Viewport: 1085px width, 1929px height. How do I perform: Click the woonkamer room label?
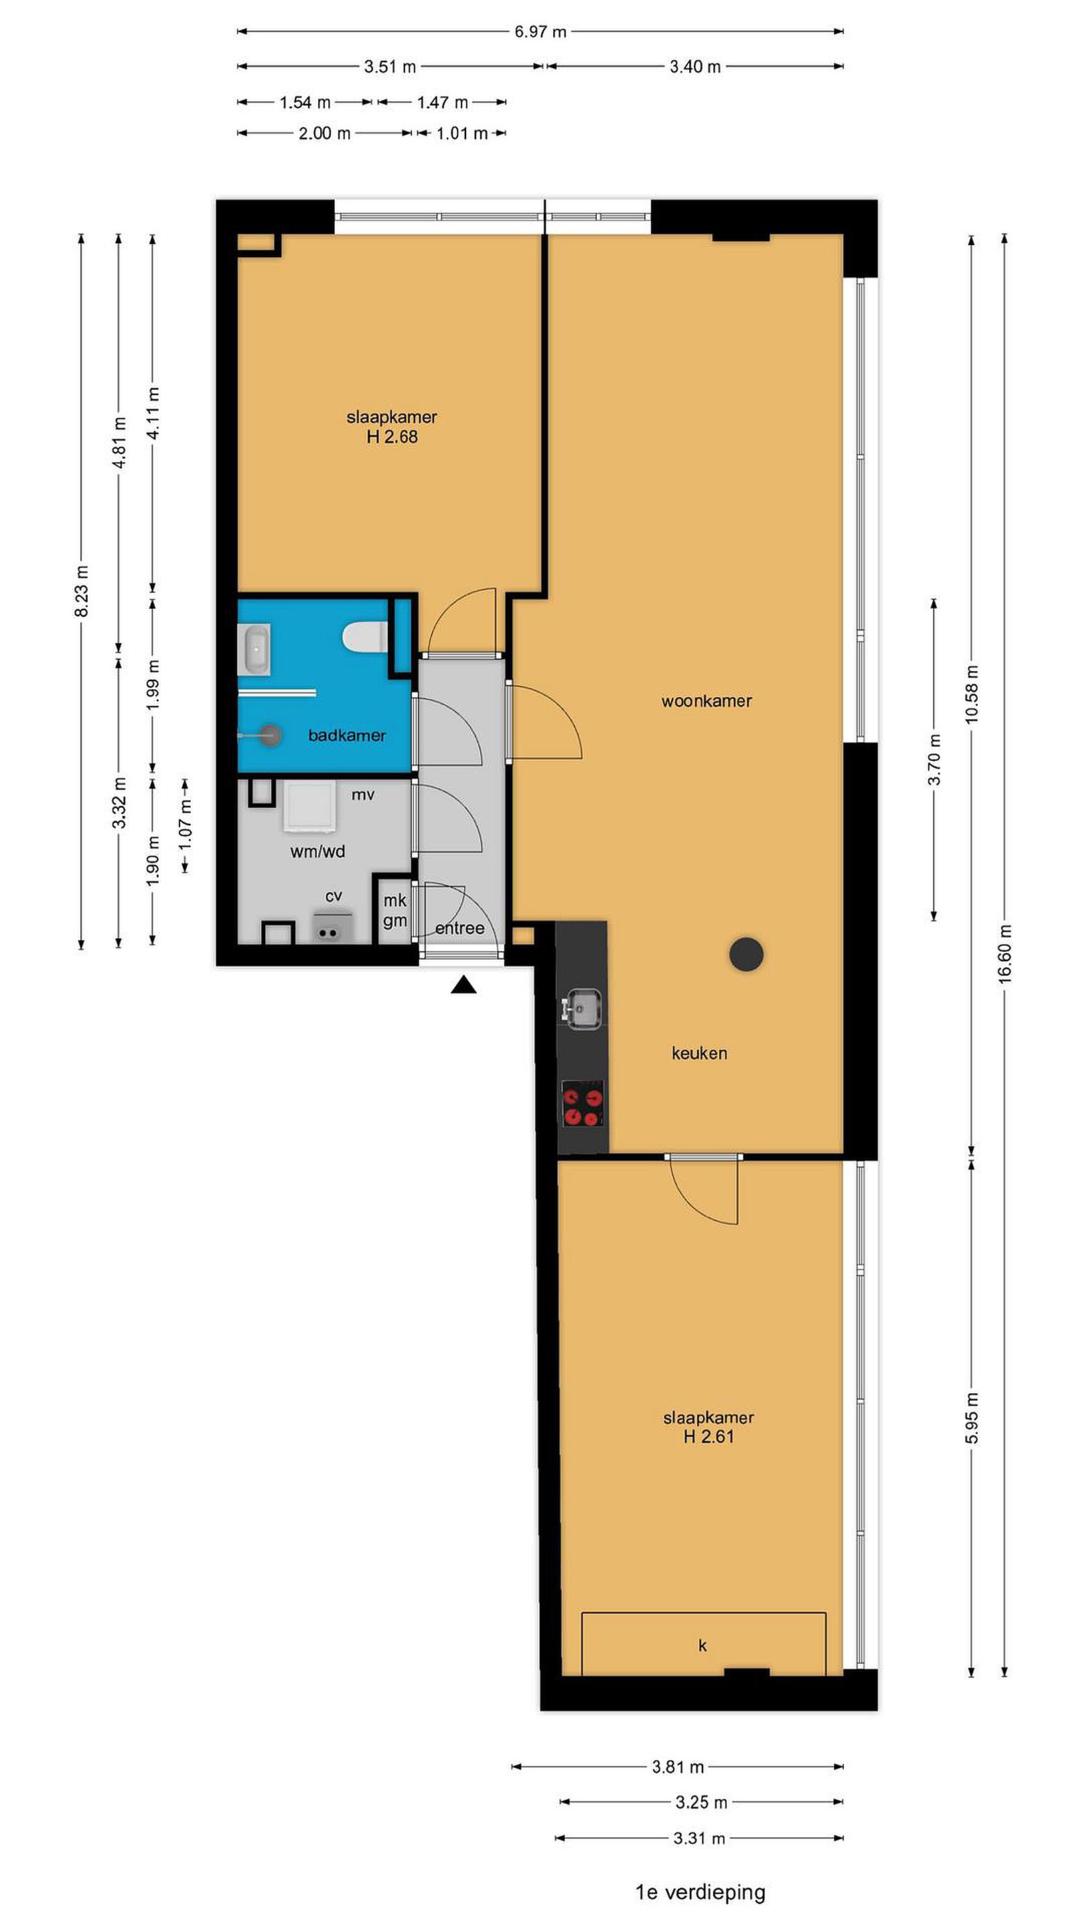point(706,701)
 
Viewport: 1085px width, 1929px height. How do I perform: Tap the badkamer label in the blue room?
point(347,735)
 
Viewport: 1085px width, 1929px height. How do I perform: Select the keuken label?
point(699,1053)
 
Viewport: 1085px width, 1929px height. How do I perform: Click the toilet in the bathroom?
point(364,637)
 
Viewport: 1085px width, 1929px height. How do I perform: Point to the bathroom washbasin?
point(254,650)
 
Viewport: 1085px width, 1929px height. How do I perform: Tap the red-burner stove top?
point(583,1104)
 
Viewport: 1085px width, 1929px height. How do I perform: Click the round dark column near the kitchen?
point(746,954)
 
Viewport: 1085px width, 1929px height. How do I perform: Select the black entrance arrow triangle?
point(463,985)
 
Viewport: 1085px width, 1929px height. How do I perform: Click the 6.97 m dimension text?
point(540,31)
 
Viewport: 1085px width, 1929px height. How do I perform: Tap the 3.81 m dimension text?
point(678,1768)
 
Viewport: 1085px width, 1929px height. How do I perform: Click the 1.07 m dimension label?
point(185,824)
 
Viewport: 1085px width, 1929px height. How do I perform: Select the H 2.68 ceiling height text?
point(392,437)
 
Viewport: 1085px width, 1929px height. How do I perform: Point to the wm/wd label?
point(317,851)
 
